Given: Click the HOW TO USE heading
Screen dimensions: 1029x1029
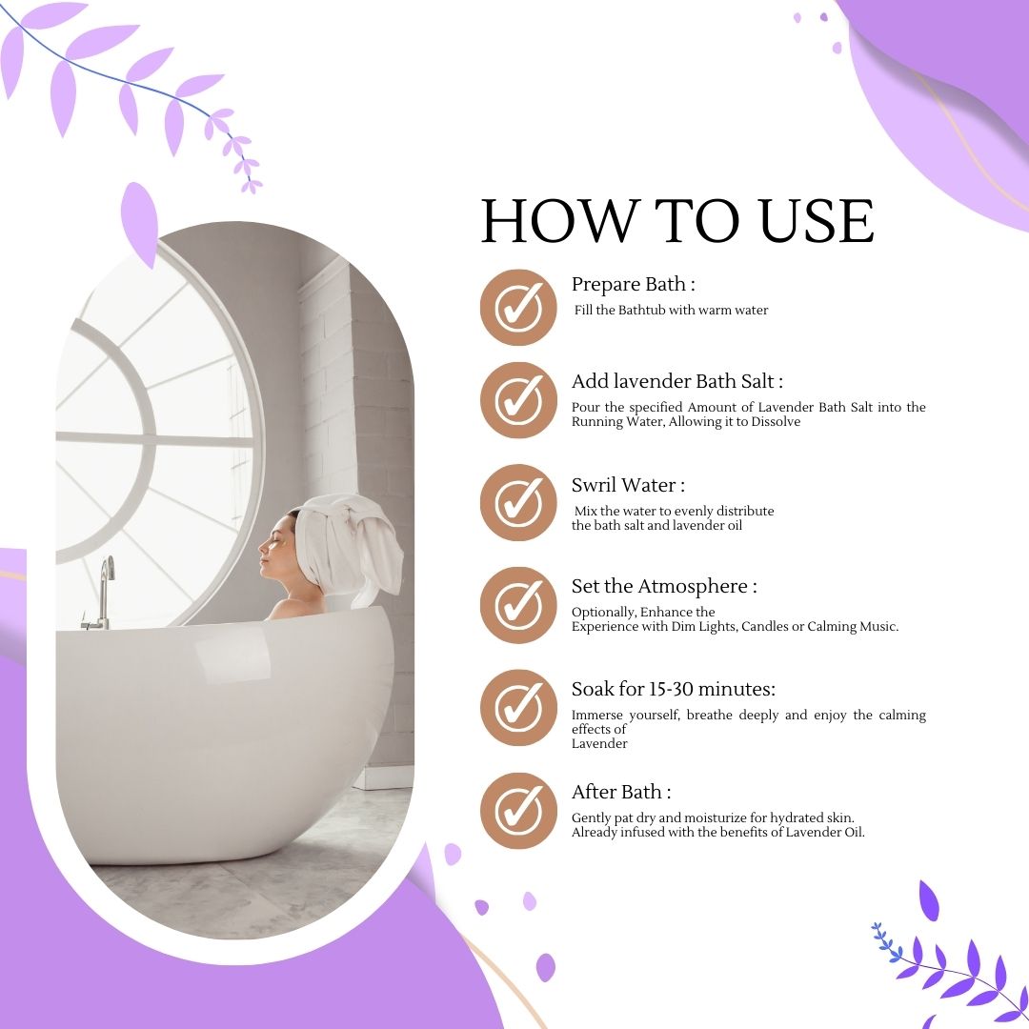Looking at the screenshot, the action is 677,220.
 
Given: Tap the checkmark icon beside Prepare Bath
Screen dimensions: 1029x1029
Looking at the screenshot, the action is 518,307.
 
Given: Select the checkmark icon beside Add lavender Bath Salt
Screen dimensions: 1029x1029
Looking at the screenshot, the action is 518,400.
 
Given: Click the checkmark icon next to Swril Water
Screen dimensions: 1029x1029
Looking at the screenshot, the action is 518,503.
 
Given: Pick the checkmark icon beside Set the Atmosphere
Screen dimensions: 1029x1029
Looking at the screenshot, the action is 518,605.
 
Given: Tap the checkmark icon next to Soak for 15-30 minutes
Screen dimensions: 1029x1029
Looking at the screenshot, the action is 518,707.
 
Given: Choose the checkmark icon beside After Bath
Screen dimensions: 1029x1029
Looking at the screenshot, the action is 518,811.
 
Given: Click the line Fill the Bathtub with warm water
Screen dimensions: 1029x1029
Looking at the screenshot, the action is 671,310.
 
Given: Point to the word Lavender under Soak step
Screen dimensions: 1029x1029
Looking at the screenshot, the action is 599,743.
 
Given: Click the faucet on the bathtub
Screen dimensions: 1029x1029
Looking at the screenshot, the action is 102,593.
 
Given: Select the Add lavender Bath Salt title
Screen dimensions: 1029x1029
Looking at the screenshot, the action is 677,381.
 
